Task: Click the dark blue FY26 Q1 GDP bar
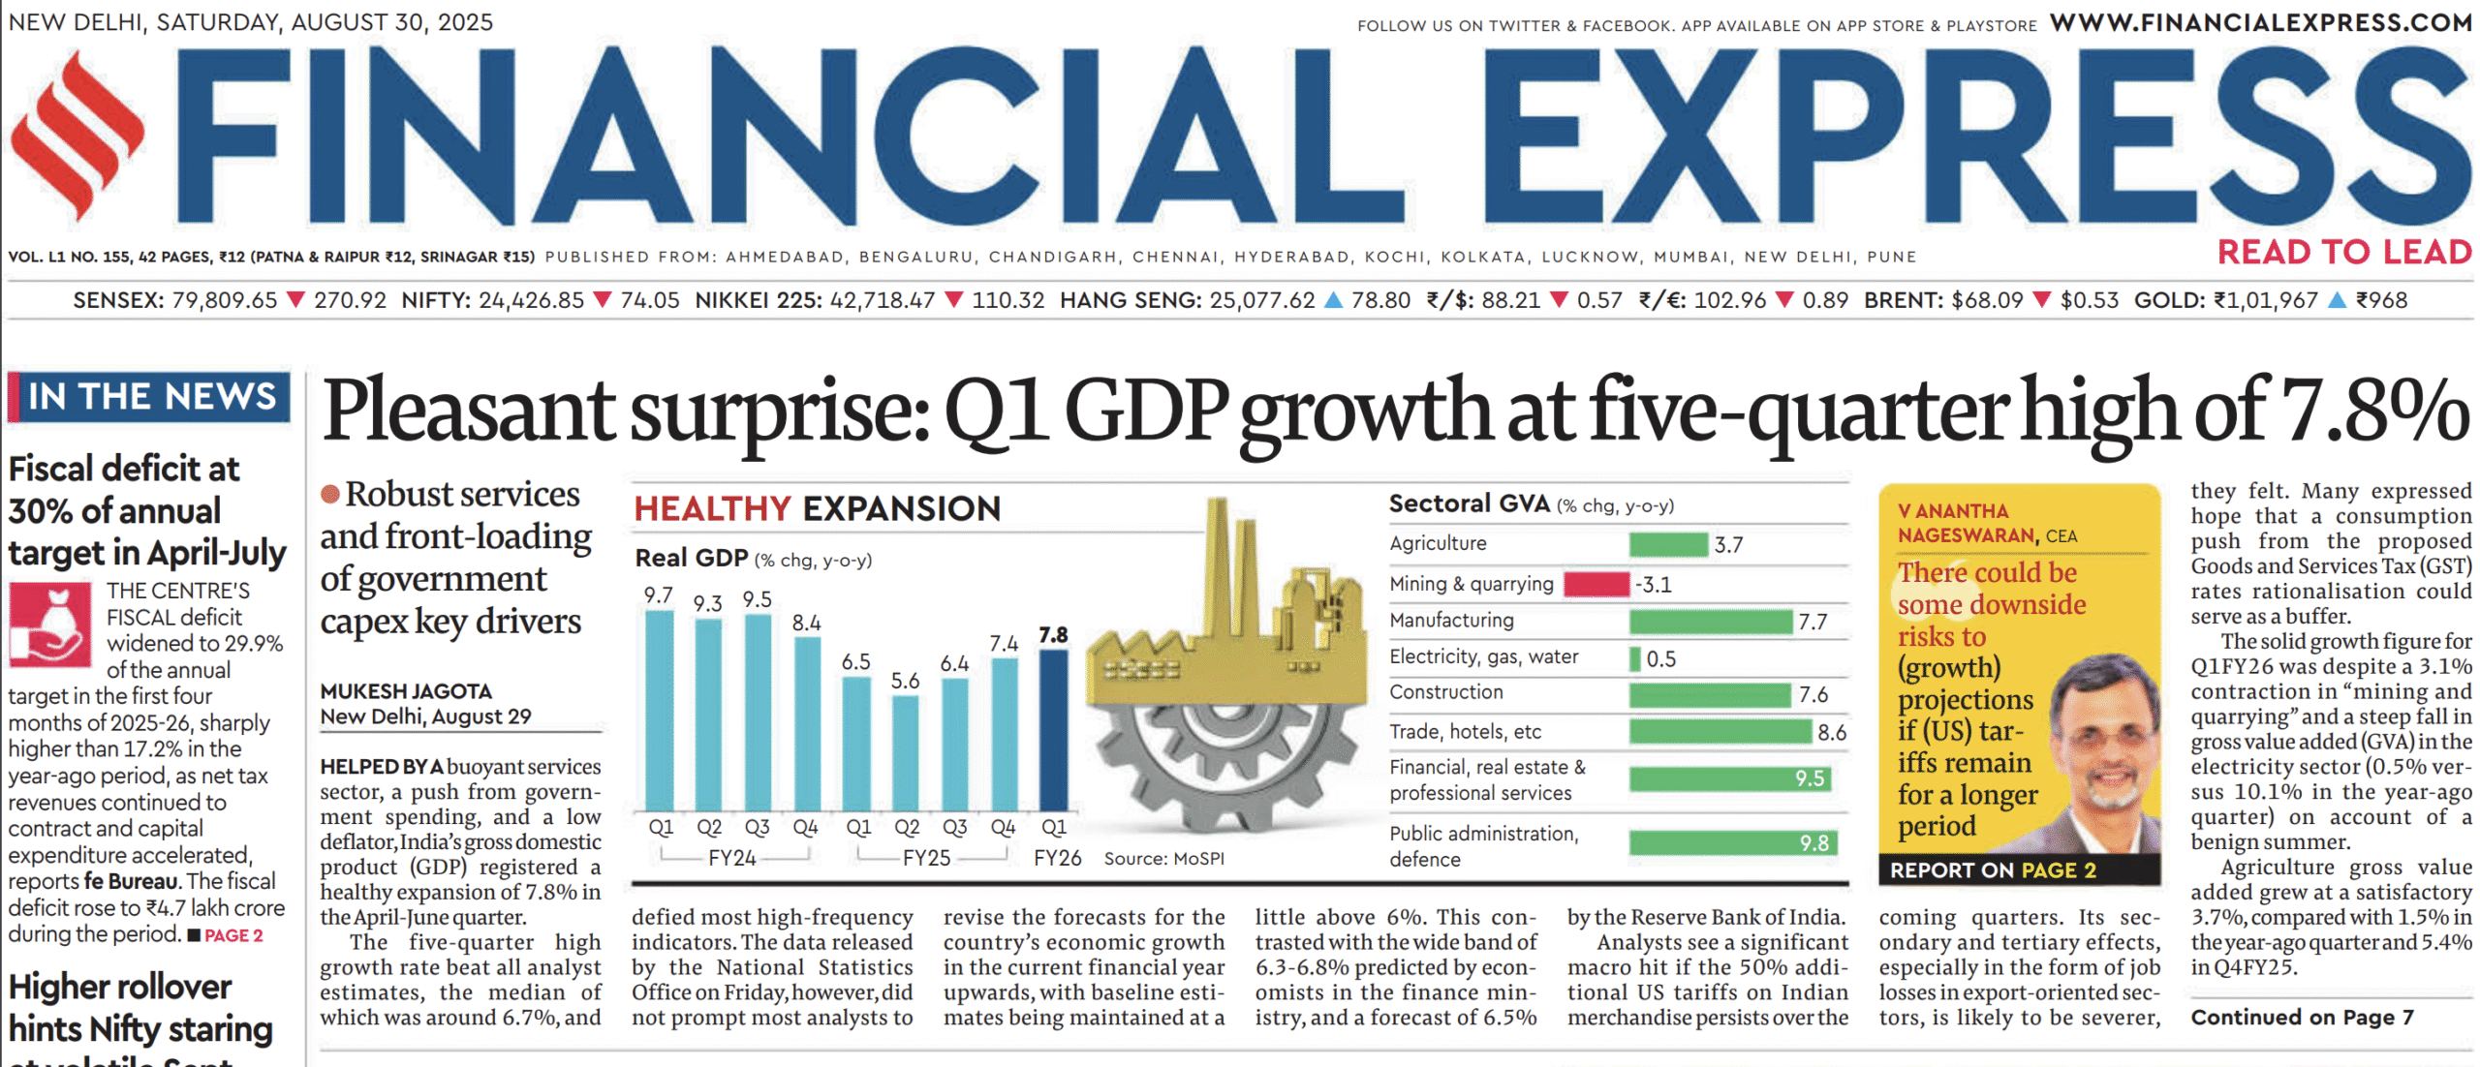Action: (1053, 730)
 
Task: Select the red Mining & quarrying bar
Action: (1596, 584)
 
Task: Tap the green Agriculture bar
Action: (1667, 544)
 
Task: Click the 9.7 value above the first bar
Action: (658, 594)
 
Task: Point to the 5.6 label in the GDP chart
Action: (905, 681)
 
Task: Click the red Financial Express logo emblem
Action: (77, 136)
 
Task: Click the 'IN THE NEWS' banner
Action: (151, 397)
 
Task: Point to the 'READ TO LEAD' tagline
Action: (2344, 253)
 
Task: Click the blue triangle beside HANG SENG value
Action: (1333, 300)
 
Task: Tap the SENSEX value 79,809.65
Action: (224, 300)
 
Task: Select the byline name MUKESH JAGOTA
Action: (406, 691)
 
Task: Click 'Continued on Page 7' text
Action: (2302, 1017)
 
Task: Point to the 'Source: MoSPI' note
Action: (1163, 859)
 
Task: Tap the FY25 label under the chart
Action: (926, 859)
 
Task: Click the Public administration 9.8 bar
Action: (1731, 843)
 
